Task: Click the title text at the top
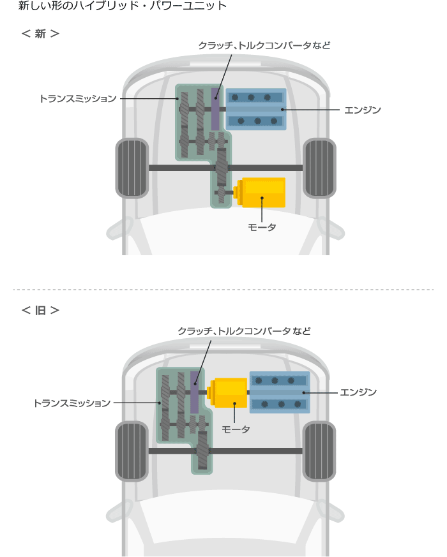click(123, 6)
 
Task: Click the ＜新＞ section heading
click(40, 34)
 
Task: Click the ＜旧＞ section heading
click(40, 311)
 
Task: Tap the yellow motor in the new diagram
click(261, 192)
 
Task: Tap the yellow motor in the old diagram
click(227, 393)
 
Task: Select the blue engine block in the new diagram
click(256, 109)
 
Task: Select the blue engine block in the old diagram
click(280, 392)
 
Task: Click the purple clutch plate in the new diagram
click(215, 109)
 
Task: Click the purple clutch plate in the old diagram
click(195, 392)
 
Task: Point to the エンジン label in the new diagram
click(362, 110)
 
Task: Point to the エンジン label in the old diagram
click(358, 392)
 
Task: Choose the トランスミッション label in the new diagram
click(78, 98)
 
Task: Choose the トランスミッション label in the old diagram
click(72, 403)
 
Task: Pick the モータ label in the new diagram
click(262, 227)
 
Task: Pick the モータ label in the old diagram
click(236, 429)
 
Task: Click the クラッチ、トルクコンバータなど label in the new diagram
click(264, 45)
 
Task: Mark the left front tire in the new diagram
click(132, 168)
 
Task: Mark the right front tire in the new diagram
click(319, 168)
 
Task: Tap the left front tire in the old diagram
click(132, 451)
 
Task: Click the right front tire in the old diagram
click(319, 451)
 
